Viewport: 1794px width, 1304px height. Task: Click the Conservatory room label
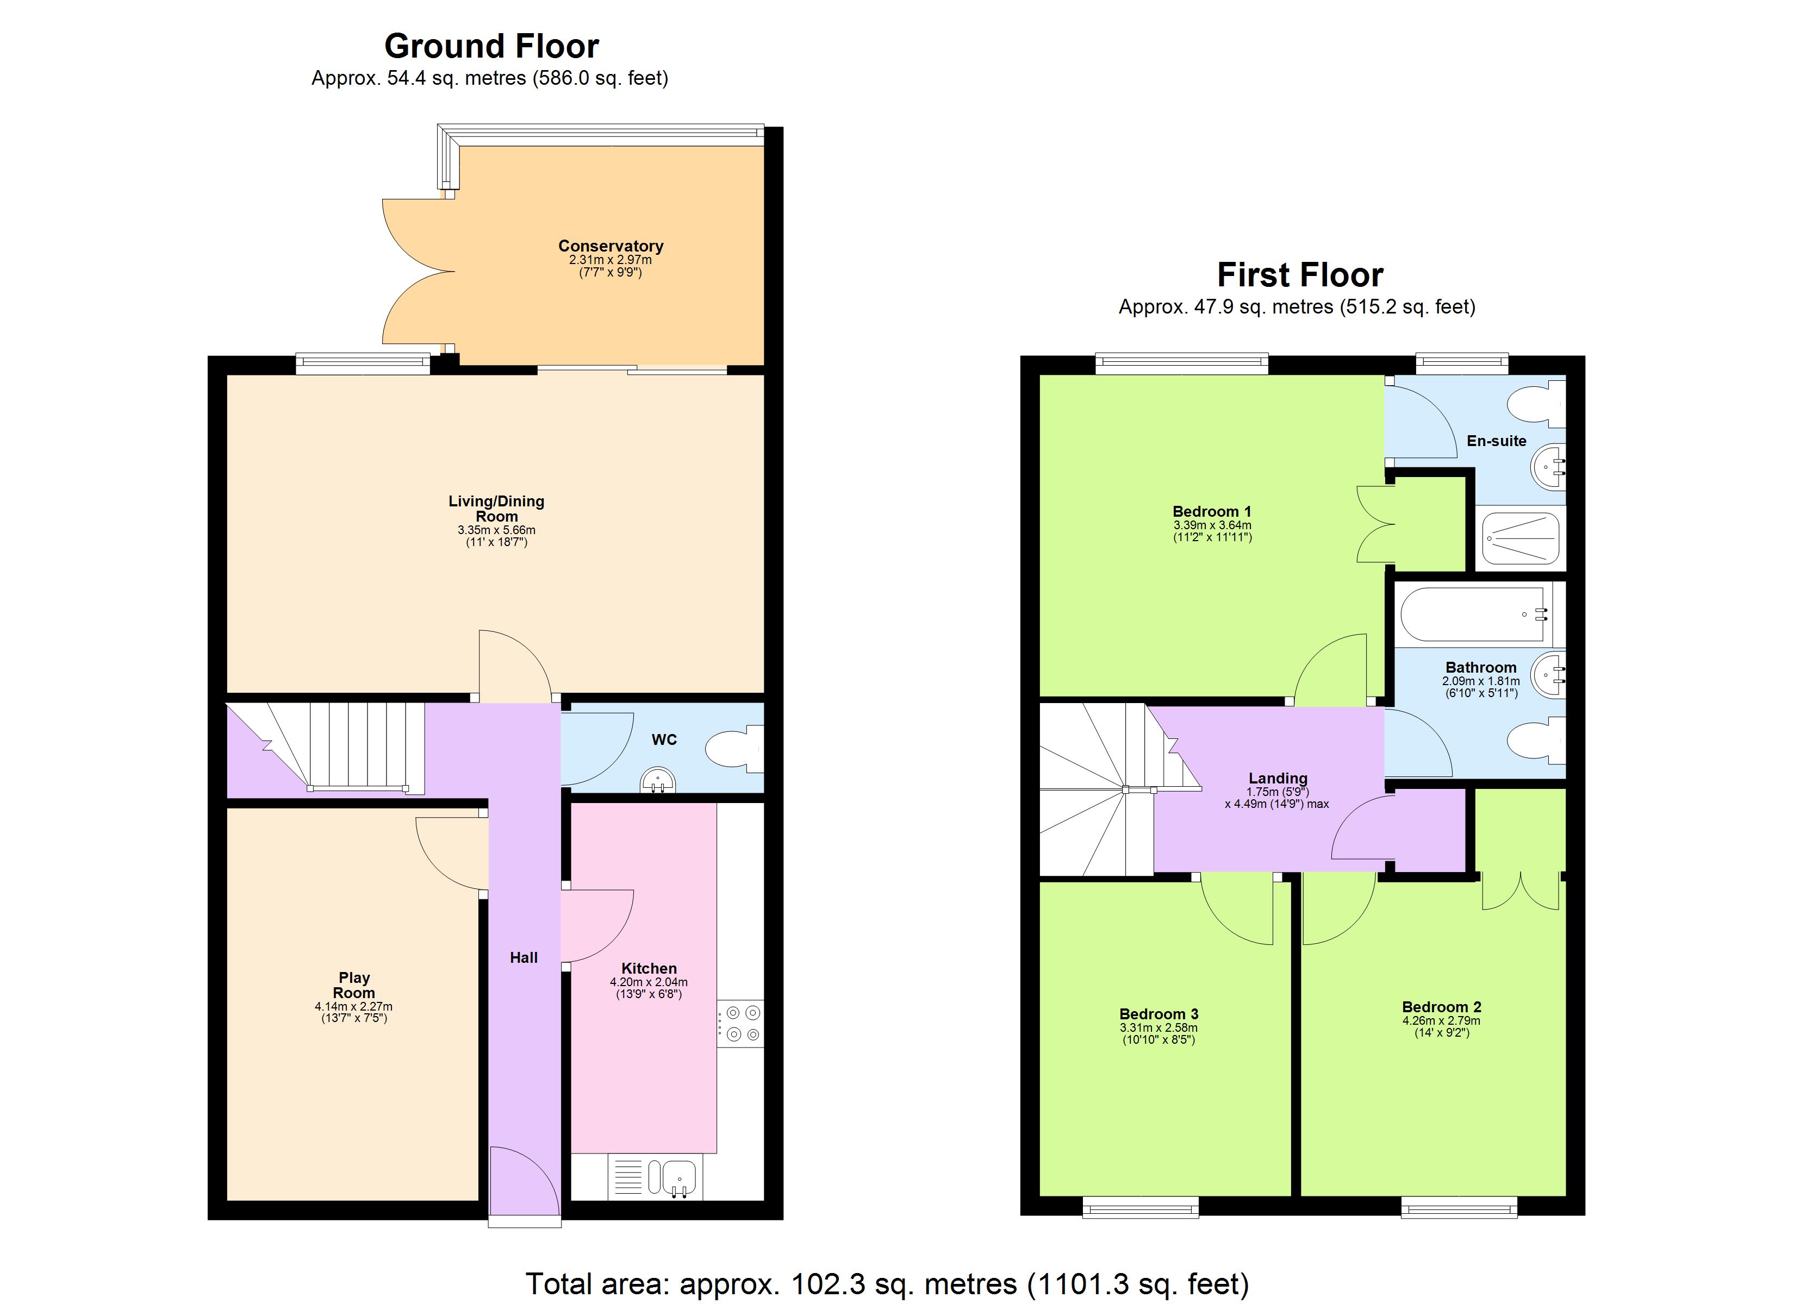point(610,246)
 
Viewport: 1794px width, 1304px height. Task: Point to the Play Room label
point(353,985)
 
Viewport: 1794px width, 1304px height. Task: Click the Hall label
point(523,958)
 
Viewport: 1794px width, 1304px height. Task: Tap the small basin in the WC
point(657,781)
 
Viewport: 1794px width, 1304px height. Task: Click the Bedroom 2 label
point(1441,1007)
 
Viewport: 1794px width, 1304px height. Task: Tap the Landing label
point(1278,778)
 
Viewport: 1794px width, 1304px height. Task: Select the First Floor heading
point(1300,275)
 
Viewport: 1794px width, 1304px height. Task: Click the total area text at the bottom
point(887,1283)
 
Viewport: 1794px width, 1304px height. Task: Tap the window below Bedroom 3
point(1140,1207)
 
